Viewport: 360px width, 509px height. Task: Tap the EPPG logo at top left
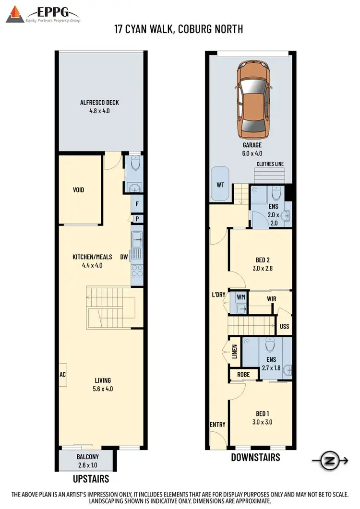(x=43, y=14)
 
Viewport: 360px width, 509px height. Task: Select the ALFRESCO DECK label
(x=99, y=102)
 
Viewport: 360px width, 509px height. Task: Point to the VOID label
(x=78, y=190)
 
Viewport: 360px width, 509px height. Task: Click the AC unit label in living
(x=62, y=375)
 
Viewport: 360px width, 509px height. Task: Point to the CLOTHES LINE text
(x=270, y=164)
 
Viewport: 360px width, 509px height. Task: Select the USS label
(x=284, y=327)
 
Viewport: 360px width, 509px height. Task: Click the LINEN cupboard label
(x=235, y=353)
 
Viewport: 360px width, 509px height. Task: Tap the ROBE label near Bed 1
(x=238, y=374)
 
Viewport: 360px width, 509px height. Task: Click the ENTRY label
(x=217, y=425)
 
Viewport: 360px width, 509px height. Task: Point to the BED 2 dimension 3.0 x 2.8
(x=263, y=269)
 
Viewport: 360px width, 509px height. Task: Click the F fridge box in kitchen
(x=137, y=204)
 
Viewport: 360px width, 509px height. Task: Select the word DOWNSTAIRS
(x=255, y=457)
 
